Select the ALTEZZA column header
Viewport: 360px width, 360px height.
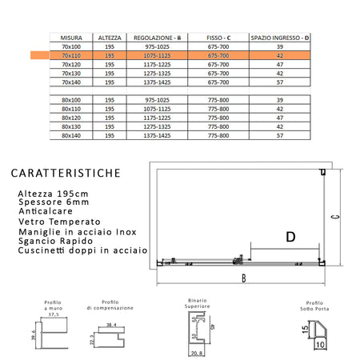[110, 37]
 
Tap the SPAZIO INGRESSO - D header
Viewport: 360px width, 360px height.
[279, 37]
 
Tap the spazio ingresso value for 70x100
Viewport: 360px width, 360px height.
[279, 46]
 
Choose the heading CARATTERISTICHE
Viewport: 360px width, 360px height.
[67, 173]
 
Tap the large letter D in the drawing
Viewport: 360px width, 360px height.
[290, 237]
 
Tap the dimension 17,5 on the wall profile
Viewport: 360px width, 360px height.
[54, 314]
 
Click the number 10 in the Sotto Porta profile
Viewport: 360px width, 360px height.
[319, 346]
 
